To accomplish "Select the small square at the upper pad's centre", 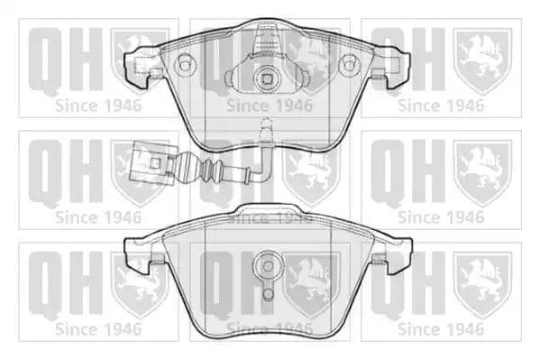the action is (x=267, y=79).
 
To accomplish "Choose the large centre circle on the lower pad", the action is (x=268, y=266).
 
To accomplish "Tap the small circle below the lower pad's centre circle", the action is (x=268, y=294).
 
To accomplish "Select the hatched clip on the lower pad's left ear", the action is (x=157, y=258).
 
